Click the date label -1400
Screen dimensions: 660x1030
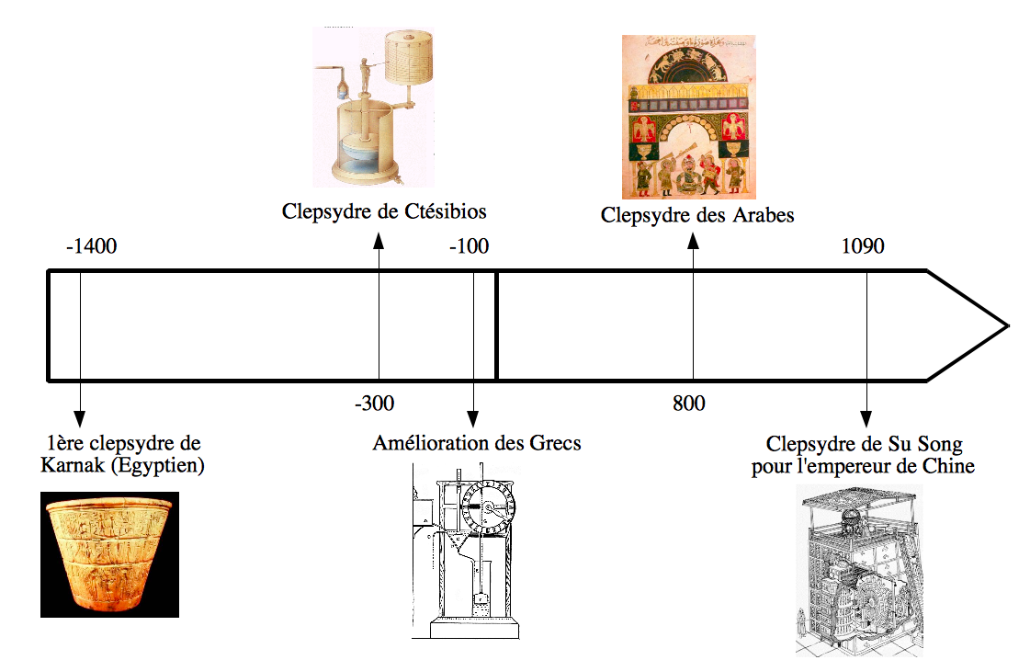[92, 246]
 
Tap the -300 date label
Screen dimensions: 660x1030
[374, 404]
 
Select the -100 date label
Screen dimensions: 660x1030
[470, 246]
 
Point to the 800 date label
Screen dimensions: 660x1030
[688, 404]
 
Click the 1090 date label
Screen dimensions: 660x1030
[863, 246]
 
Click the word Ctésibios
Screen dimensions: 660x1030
[445, 211]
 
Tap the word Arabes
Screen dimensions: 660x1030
[759, 215]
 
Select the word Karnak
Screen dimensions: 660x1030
[72, 465]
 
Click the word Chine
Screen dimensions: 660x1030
[946, 466]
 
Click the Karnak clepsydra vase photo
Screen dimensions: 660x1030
[109, 554]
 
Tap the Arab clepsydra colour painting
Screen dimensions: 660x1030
[688, 117]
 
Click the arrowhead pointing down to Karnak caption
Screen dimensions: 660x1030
[80, 415]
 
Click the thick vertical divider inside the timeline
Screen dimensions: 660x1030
[496, 325]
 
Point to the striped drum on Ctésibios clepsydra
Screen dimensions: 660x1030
[409, 59]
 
